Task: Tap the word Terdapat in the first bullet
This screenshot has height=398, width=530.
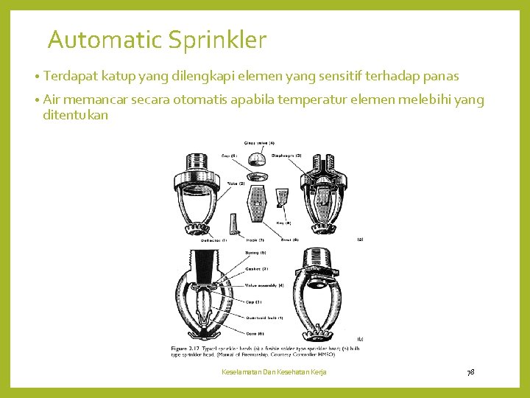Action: [71, 76]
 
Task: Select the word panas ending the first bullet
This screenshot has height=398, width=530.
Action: [440, 76]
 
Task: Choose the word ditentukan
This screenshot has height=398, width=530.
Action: [76, 115]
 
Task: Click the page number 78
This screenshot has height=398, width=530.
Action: [470, 371]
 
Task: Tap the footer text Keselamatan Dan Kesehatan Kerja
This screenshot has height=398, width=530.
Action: [274, 371]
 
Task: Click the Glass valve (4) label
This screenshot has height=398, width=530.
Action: [259, 142]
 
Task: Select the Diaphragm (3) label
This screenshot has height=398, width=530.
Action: [287, 156]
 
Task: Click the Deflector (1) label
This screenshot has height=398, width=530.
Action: [214, 240]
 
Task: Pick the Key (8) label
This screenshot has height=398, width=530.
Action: [283, 222]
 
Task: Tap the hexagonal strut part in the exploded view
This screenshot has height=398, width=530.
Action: [258, 199]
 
